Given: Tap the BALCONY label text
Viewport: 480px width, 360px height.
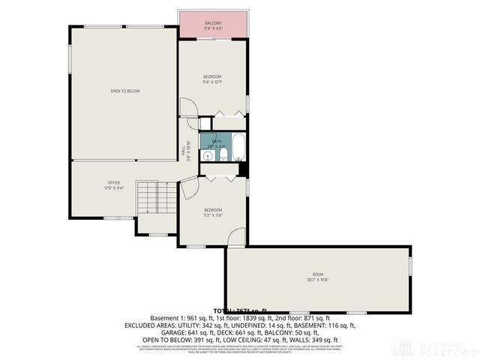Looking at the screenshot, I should click(212, 23).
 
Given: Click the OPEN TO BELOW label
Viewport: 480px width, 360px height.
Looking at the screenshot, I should click(125, 91).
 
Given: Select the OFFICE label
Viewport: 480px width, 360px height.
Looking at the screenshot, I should click(114, 182).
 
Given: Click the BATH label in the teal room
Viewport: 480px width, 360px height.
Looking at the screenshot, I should click(217, 141).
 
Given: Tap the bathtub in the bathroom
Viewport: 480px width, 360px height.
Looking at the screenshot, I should click(238, 147).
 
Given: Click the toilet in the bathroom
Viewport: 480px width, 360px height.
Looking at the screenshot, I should click(223, 154).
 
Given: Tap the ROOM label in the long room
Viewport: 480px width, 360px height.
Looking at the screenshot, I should click(318, 274).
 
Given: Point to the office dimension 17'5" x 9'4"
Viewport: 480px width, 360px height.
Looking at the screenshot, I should click(114, 188).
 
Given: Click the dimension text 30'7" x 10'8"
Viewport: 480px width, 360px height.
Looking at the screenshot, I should click(318, 280).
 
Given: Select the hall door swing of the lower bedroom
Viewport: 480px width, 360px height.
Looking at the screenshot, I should click(188, 190).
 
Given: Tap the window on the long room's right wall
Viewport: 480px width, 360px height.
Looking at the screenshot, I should click(410, 265).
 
